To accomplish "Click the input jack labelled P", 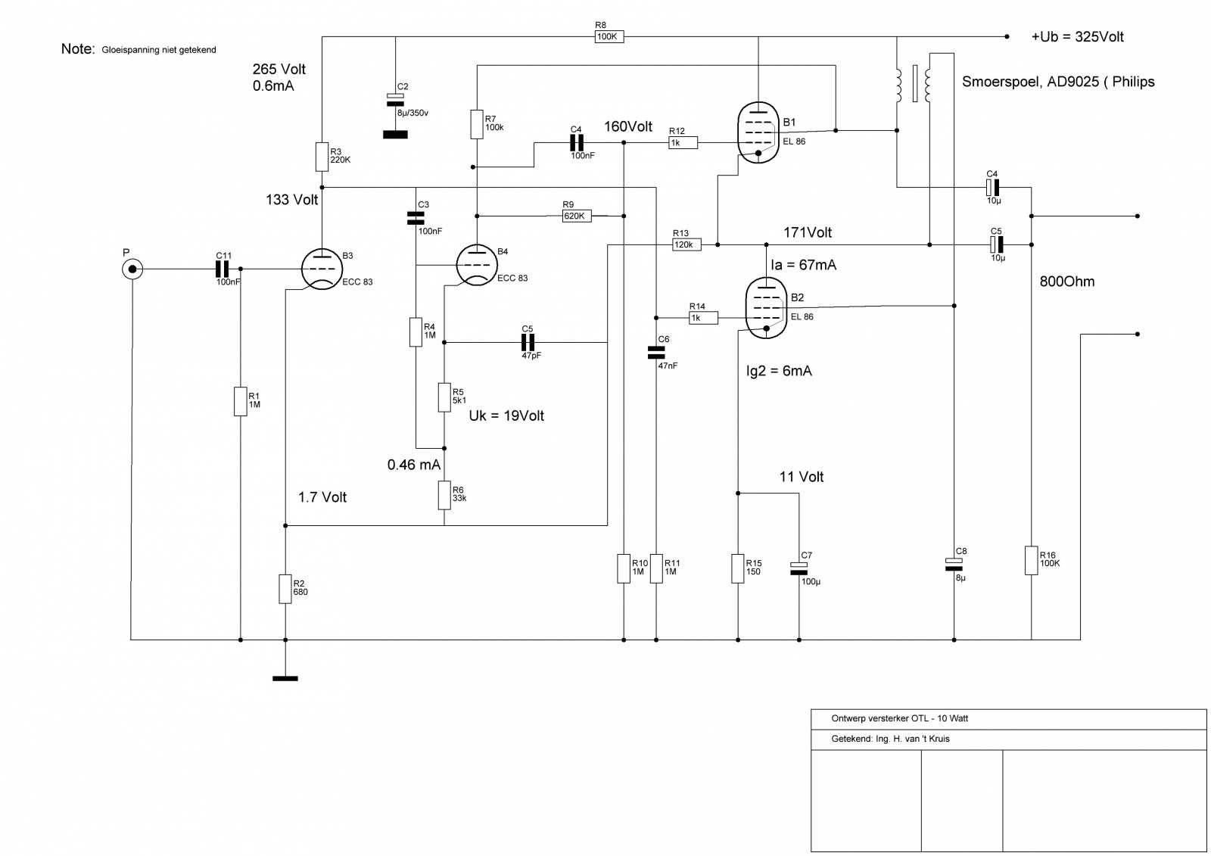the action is [132, 269].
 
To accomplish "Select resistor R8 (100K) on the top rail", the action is [609, 37].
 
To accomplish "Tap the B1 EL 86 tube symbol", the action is [758, 132].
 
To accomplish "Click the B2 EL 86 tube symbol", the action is [766, 308].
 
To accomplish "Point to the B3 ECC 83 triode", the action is [322, 269].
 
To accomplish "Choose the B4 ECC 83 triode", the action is [477, 265].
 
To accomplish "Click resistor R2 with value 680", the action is [285, 589].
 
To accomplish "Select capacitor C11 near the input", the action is [223, 269].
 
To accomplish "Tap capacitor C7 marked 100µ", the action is [799, 568].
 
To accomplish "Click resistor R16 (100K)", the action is [1031, 560].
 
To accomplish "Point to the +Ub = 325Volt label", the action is [1078, 37].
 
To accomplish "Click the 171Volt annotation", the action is [808, 232].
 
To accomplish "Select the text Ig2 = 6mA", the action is [779, 371].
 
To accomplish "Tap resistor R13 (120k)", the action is [686, 244].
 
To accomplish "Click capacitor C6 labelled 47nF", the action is [656, 353].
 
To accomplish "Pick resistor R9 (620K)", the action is [577, 216].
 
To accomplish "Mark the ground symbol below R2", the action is [285, 679].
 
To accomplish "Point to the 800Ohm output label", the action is [1067, 282].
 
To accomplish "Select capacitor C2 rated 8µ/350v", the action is [395, 100].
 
